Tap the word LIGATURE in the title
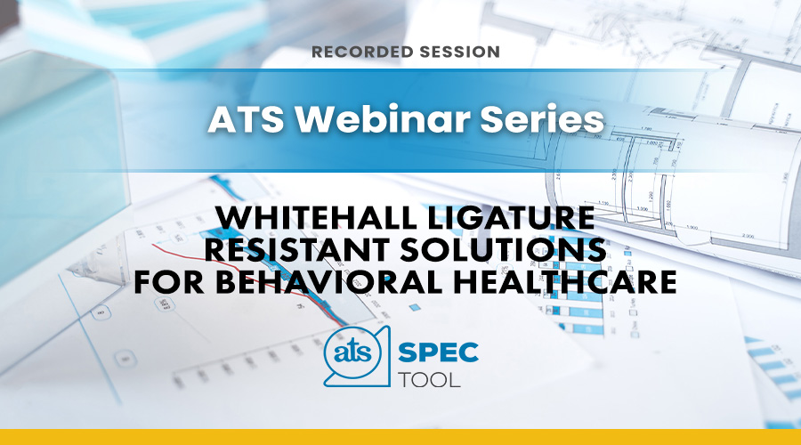pyautogui.click(x=512, y=218)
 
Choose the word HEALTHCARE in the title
pyautogui.click(x=565, y=282)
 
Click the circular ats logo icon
pyautogui.click(x=352, y=353)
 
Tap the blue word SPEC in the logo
pyautogui.click(x=438, y=352)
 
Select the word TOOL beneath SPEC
pyautogui.click(x=429, y=380)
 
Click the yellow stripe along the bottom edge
pyautogui.click(x=400, y=437)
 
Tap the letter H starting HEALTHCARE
pyautogui.click(x=465, y=282)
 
